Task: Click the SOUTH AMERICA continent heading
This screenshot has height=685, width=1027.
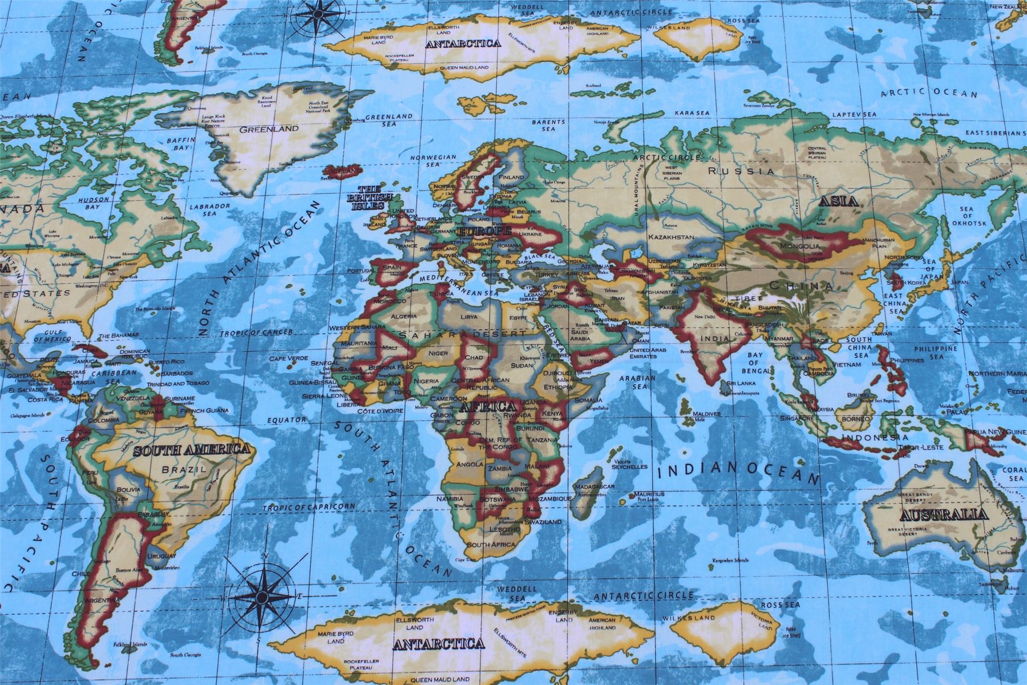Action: click(x=192, y=450)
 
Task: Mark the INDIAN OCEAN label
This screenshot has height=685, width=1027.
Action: click(x=738, y=472)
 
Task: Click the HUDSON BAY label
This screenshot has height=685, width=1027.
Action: click(x=94, y=203)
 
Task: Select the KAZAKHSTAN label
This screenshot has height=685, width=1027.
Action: click(x=671, y=236)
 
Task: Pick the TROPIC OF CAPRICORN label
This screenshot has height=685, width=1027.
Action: click(x=309, y=507)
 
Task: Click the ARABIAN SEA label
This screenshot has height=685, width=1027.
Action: click(x=637, y=382)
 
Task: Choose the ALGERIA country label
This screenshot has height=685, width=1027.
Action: click(x=404, y=316)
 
